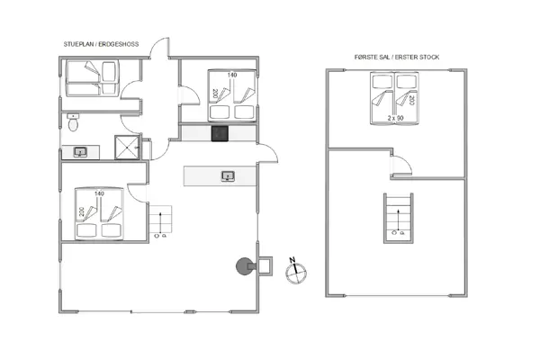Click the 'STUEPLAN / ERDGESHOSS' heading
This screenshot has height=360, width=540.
pos(100,43)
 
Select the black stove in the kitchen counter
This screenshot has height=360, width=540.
pos(219,133)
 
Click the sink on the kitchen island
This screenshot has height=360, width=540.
pos(228,175)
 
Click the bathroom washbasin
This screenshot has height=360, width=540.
pos(79,152)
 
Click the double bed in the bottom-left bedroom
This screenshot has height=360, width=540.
pos(99,216)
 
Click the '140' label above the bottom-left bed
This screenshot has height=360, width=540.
pos(98,193)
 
